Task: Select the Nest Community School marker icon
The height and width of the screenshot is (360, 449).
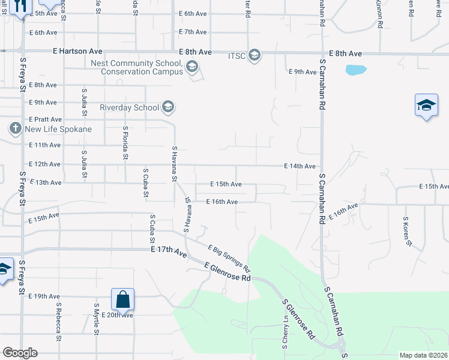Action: coord(192,67)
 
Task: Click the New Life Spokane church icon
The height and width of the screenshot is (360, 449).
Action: coord(16,128)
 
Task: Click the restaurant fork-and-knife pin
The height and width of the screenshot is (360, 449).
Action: coord(20,7)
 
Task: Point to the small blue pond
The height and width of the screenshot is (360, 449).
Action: coord(355,70)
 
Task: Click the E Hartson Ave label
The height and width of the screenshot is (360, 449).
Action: coord(77,52)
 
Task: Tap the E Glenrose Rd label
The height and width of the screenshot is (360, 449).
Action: coord(227,272)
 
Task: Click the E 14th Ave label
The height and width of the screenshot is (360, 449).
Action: coord(300,166)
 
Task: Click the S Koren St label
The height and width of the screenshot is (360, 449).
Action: coord(407,232)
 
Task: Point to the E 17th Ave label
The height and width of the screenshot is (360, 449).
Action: coord(170,255)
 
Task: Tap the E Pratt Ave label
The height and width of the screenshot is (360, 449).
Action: coord(45,119)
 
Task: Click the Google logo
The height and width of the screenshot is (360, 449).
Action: coord(20,353)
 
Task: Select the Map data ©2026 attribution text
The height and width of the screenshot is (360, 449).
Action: coord(423,355)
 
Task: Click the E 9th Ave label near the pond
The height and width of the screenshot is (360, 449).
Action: coord(303,72)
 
